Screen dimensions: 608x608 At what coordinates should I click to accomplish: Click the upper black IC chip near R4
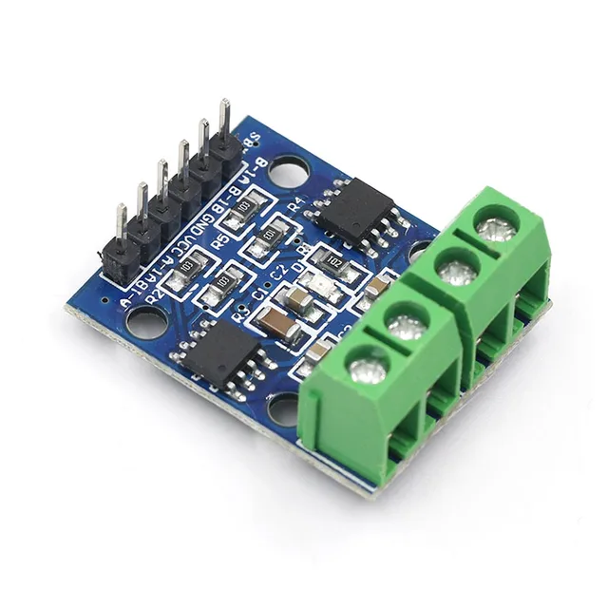point(355,212)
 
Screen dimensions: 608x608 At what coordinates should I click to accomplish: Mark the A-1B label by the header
point(142,294)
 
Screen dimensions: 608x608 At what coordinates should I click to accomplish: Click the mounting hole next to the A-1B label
point(143,324)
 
